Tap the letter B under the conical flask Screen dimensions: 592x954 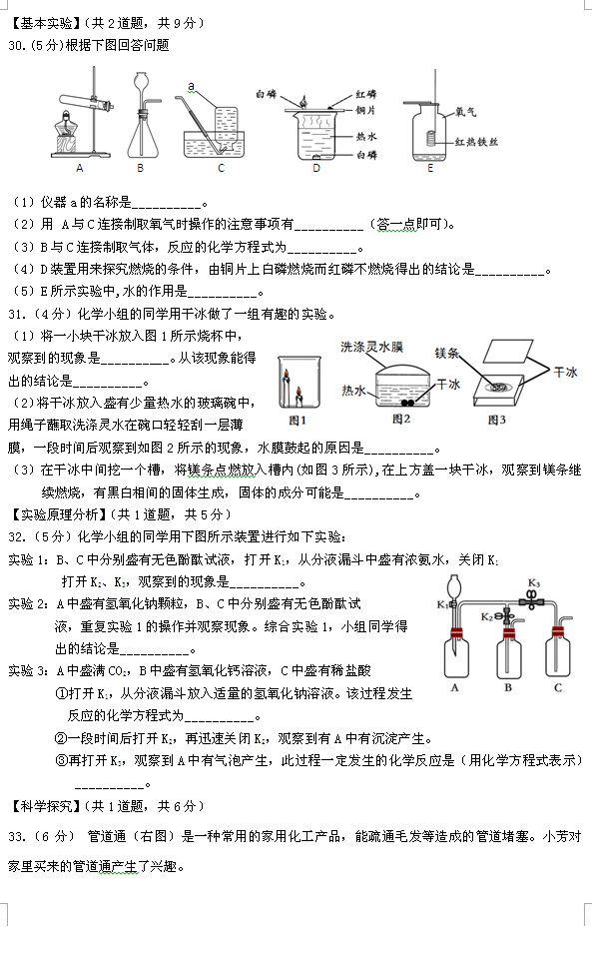pyautogui.click(x=141, y=168)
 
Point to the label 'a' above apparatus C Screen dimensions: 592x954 pyautogui.click(x=203, y=87)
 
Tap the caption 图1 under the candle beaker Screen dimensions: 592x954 pyautogui.click(x=296, y=420)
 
